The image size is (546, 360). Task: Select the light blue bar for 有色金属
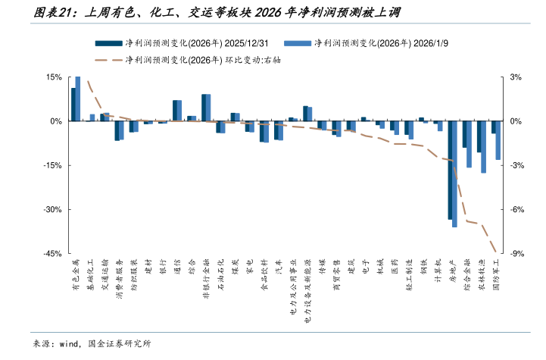point(78,99)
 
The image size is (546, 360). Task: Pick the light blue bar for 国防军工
point(498,140)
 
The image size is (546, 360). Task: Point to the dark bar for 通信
point(175,111)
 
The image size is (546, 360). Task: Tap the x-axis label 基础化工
point(90,277)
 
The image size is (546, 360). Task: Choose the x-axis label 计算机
point(438,272)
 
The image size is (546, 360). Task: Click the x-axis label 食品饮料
point(264,277)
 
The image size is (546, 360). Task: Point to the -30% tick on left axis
point(52,209)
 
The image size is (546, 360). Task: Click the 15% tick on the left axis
point(54,77)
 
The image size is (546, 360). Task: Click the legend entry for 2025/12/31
point(186,44)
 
